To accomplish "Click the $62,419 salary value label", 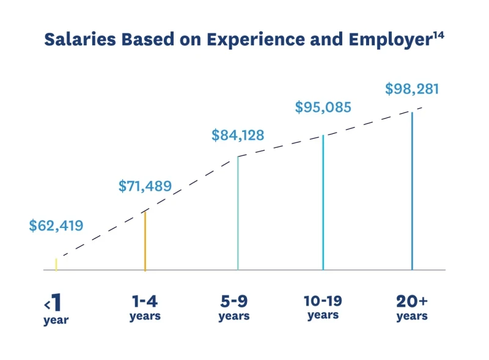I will click(x=56, y=226).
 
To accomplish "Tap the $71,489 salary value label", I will click(x=145, y=186).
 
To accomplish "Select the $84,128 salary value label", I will click(x=238, y=135).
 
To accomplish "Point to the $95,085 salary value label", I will click(x=323, y=108).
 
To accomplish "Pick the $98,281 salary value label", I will click(x=412, y=89).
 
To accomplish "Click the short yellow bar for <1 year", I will click(x=56, y=264).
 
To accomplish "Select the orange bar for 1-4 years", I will click(x=145, y=241).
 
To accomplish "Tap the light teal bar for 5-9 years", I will click(x=238, y=213).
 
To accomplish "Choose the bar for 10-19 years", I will click(x=323, y=202).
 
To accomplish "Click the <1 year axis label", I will click(x=56, y=310).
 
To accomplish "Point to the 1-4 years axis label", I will click(x=145, y=308).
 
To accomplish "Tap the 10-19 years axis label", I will click(x=323, y=307).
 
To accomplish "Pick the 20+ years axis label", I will click(x=412, y=308).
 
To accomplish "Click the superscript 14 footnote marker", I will click(x=438, y=34).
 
